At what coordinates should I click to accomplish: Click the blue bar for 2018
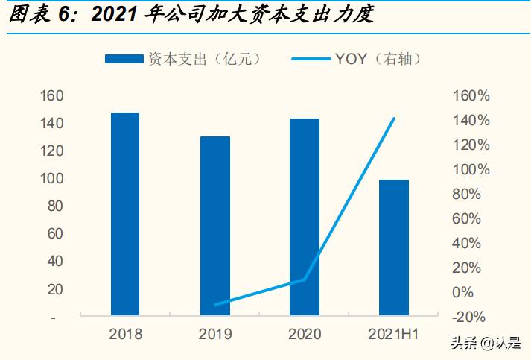(124, 214)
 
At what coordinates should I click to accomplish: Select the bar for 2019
(214, 226)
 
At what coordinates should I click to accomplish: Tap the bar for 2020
(304, 217)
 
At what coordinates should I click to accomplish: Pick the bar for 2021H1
(393, 247)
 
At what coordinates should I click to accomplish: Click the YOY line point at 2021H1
(393, 119)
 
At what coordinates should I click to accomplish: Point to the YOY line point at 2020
(304, 280)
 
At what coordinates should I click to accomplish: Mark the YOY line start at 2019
(214, 305)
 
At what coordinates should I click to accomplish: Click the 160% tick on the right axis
(470, 95)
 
